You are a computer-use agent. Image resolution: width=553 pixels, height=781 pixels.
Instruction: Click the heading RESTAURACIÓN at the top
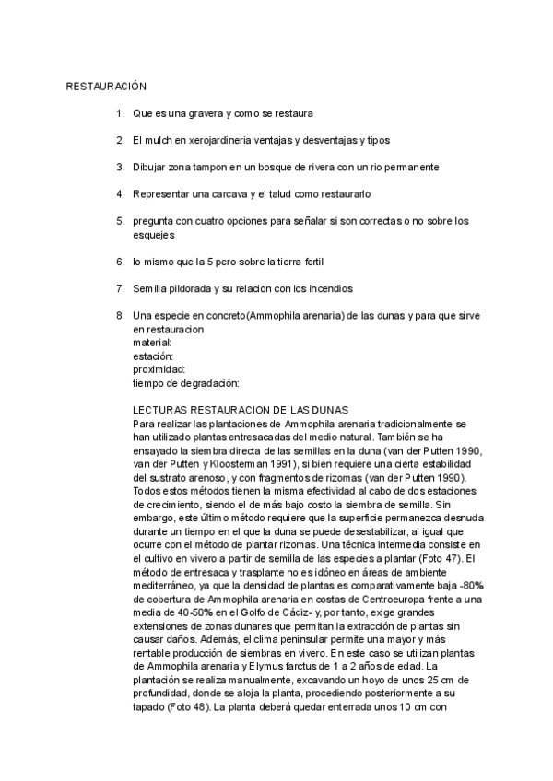[x=107, y=87]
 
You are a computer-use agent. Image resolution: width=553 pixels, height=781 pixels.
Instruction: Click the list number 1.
[x=120, y=113]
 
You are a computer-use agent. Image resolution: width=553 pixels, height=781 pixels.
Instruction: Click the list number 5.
[x=120, y=221]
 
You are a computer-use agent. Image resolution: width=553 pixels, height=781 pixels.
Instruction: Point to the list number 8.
[x=120, y=316]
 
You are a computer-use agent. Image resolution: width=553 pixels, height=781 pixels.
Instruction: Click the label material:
[x=153, y=343]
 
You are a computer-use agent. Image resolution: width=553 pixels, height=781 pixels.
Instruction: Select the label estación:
[x=153, y=356]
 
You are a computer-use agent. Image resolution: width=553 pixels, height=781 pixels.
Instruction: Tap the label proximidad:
[x=159, y=369]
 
